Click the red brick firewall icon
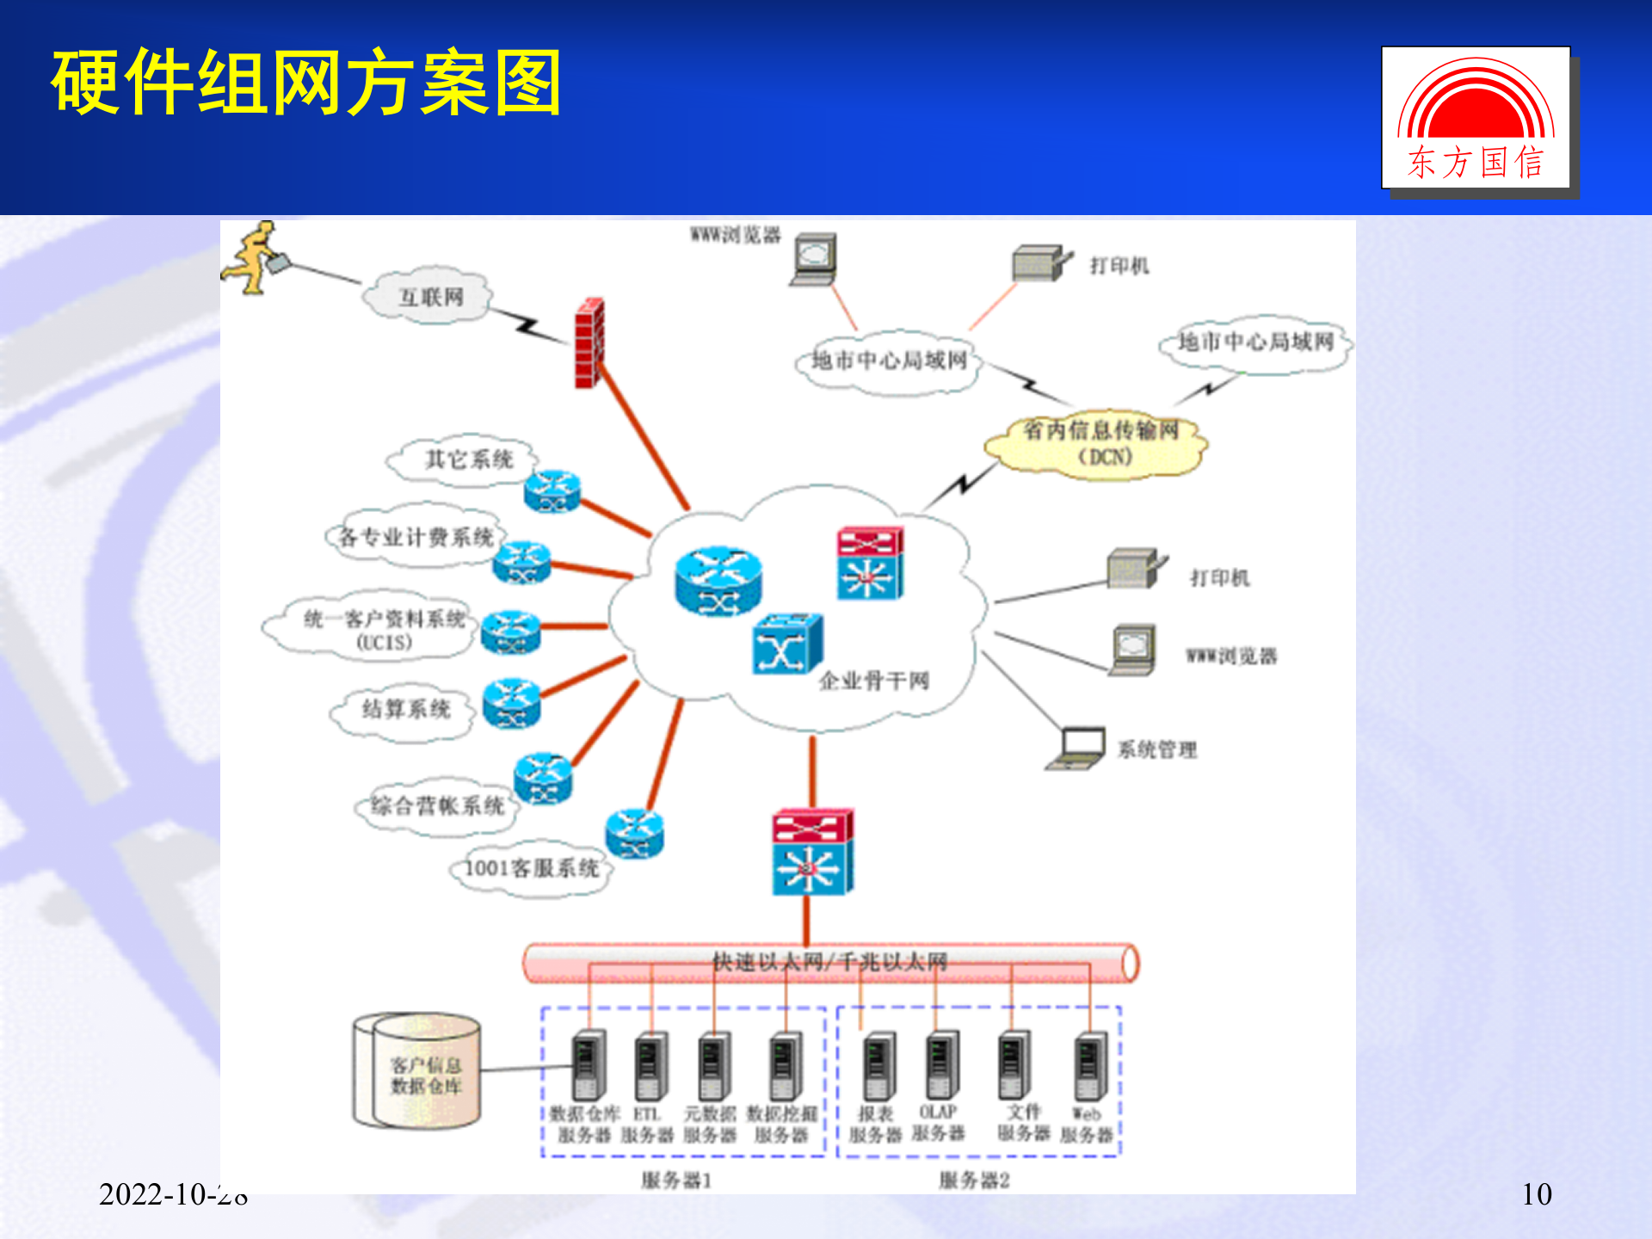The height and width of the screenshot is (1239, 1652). click(590, 342)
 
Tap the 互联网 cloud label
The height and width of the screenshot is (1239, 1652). click(429, 298)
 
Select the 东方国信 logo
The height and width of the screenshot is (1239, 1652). click(1476, 118)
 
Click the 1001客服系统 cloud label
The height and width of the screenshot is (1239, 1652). click(531, 868)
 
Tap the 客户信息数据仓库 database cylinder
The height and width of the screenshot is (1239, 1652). click(417, 1071)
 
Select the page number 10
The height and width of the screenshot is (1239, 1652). click(1537, 1194)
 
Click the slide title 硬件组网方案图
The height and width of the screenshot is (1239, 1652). click(306, 83)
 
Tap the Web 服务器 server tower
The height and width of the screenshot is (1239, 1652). click(1090, 1066)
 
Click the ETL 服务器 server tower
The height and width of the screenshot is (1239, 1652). click(650, 1066)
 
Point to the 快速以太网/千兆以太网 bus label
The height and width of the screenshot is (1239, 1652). click(829, 962)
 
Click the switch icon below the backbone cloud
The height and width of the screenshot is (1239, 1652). click(812, 852)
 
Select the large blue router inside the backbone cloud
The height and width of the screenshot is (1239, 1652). click(718, 581)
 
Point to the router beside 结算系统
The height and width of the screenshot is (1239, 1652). click(512, 703)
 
